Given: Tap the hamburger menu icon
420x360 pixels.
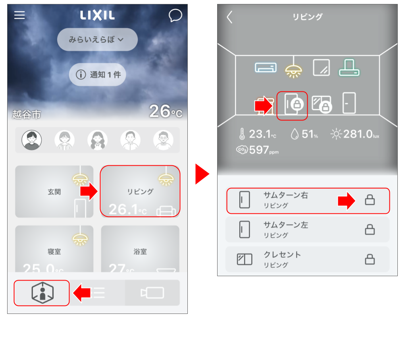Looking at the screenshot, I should coord(19,15).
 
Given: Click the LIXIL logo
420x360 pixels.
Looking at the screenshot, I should coord(97,15).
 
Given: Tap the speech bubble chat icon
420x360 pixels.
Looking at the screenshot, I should coord(175,15).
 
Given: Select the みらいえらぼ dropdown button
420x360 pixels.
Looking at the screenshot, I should coord(97,40).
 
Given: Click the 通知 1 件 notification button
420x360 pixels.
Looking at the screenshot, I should coord(97,74).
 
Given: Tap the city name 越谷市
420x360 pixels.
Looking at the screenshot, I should coord(27,115).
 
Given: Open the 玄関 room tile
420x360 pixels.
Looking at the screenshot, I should coord(54,192).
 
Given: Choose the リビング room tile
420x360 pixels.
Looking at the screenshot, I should coord(140,192).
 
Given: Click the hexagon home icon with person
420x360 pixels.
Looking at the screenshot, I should coord(42,293).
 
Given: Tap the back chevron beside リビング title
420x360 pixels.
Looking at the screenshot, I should coord(229,17).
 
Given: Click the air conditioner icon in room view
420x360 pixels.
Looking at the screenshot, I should coord(266,68).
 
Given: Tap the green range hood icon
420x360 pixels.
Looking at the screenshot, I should coord(349,68).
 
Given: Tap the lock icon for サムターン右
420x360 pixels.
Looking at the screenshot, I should coord(370,200).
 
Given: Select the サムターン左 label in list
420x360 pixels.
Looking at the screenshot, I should coord(286,225).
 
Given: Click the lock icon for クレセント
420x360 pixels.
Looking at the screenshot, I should coord(370,259).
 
